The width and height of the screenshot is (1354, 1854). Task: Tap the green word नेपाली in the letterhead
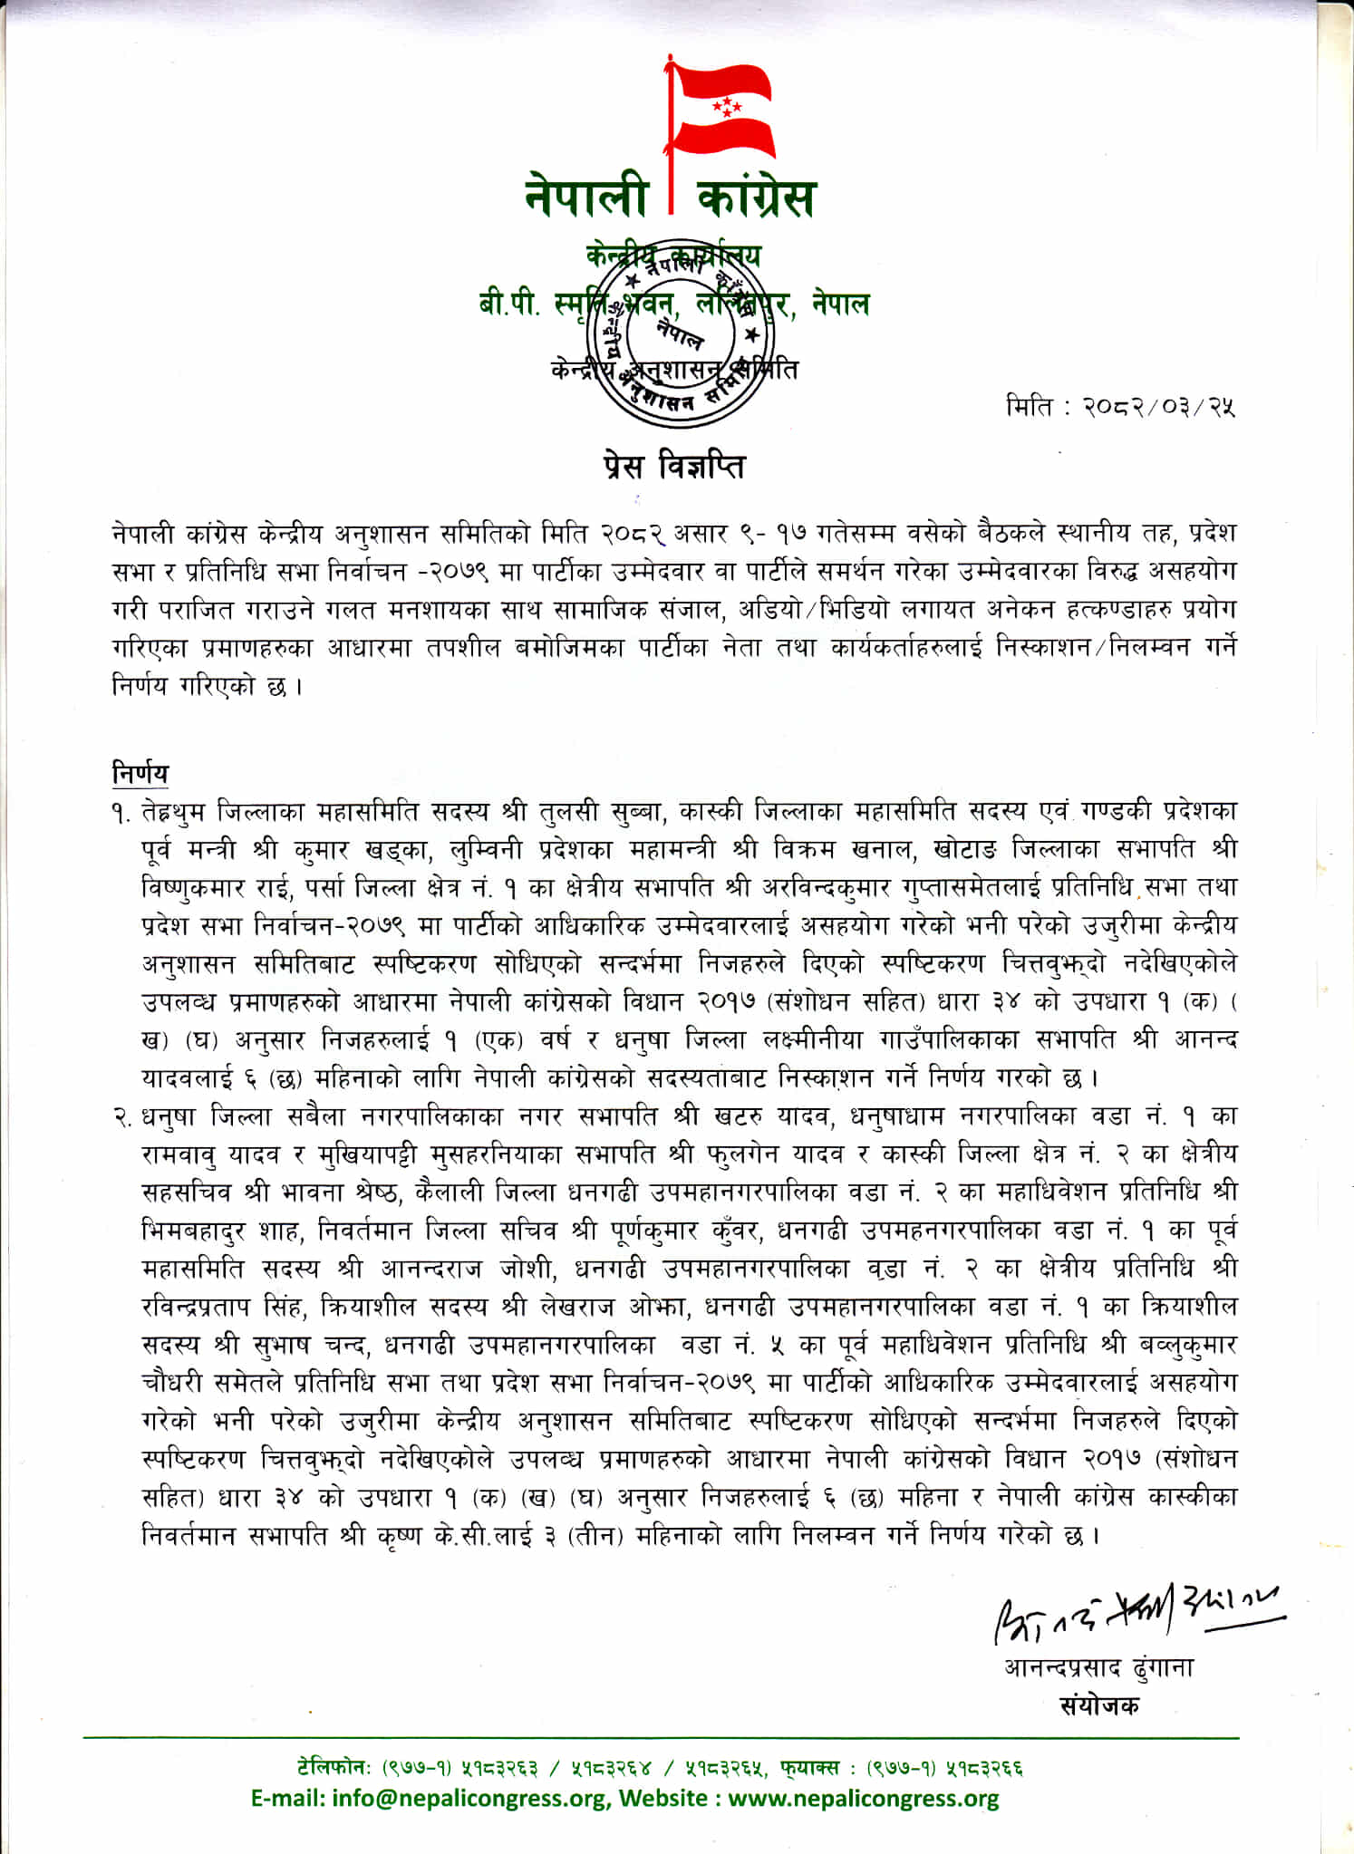tap(586, 198)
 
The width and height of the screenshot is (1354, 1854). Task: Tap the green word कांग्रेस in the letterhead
tap(757, 198)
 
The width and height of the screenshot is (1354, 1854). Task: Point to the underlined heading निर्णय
tap(140, 775)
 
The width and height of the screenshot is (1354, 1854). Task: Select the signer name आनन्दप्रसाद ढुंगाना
tap(1098, 1667)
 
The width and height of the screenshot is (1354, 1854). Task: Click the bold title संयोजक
tap(1099, 1705)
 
